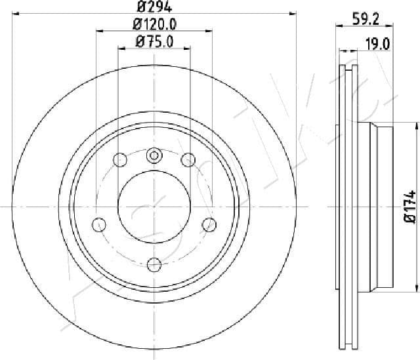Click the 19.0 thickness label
click(x=377, y=44)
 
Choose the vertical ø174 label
click(x=409, y=208)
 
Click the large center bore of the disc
click(x=154, y=206)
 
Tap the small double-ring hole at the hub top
click(x=154, y=155)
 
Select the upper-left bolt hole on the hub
click(x=120, y=159)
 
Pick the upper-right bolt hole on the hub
click(x=188, y=159)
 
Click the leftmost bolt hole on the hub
click(x=99, y=224)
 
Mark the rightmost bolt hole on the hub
click(x=209, y=224)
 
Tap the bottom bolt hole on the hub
click(x=154, y=264)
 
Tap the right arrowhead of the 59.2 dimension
click(x=391, y=26)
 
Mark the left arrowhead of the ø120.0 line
click(x=98, y=30)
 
